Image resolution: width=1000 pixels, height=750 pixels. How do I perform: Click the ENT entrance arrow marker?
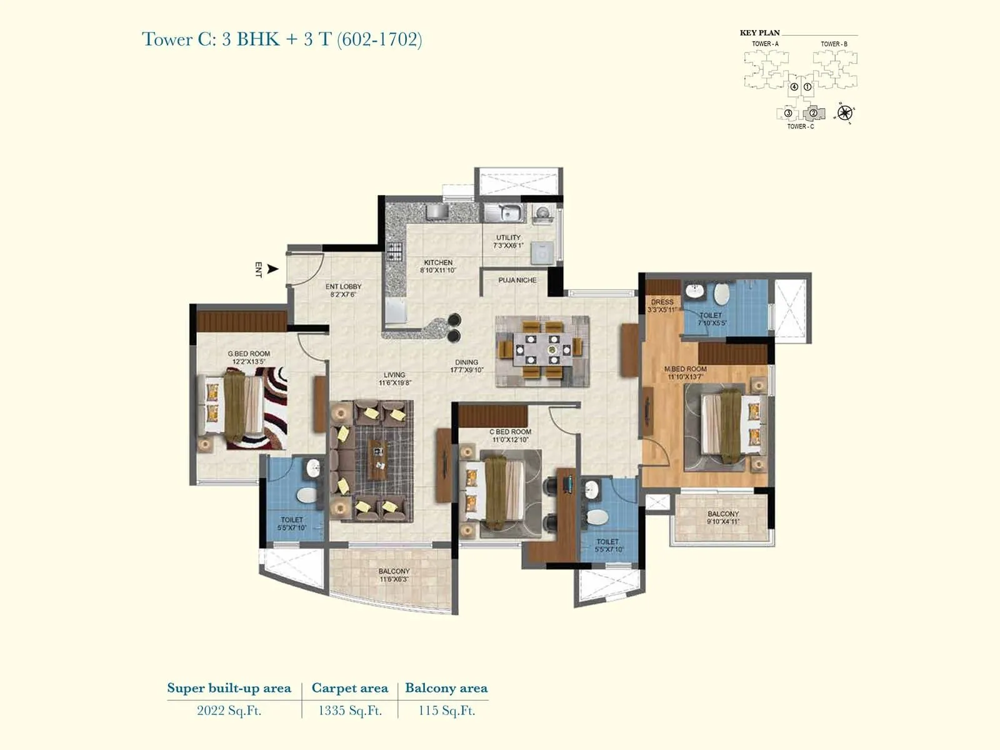[x=272, y=269]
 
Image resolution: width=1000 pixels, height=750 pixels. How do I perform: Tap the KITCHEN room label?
[x=437, y=262]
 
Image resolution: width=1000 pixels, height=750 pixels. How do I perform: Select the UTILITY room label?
[x=508, y=237]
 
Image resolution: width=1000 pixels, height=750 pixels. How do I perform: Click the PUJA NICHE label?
[x=517, y=280]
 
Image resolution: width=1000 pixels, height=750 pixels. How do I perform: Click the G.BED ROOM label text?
[x=249, y=354]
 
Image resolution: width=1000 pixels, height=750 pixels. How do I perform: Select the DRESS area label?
[x=662, y=302]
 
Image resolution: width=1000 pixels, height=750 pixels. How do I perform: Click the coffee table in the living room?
[x=376, y=458]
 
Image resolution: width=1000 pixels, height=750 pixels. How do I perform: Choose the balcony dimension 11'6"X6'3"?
[x=394, y=580]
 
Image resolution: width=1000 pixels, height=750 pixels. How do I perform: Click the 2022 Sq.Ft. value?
[x=229, y=711]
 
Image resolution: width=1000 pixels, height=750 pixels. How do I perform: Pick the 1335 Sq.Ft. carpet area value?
[x=349, y=711]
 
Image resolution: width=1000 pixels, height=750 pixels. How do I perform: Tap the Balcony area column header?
[x=446, y=688]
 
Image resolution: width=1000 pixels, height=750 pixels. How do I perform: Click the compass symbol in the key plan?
[x=845, y=112]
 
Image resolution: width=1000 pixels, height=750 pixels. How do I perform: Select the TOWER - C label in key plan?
[x=800, y=127]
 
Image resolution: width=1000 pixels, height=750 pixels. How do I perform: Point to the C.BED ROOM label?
[x=510, y=432]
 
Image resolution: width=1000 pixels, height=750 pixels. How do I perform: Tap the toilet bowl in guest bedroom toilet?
[x=306, y=496]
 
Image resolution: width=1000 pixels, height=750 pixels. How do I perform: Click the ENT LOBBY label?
[x=343, y=287]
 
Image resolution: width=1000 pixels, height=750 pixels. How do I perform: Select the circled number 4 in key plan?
[x=794, y=87]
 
